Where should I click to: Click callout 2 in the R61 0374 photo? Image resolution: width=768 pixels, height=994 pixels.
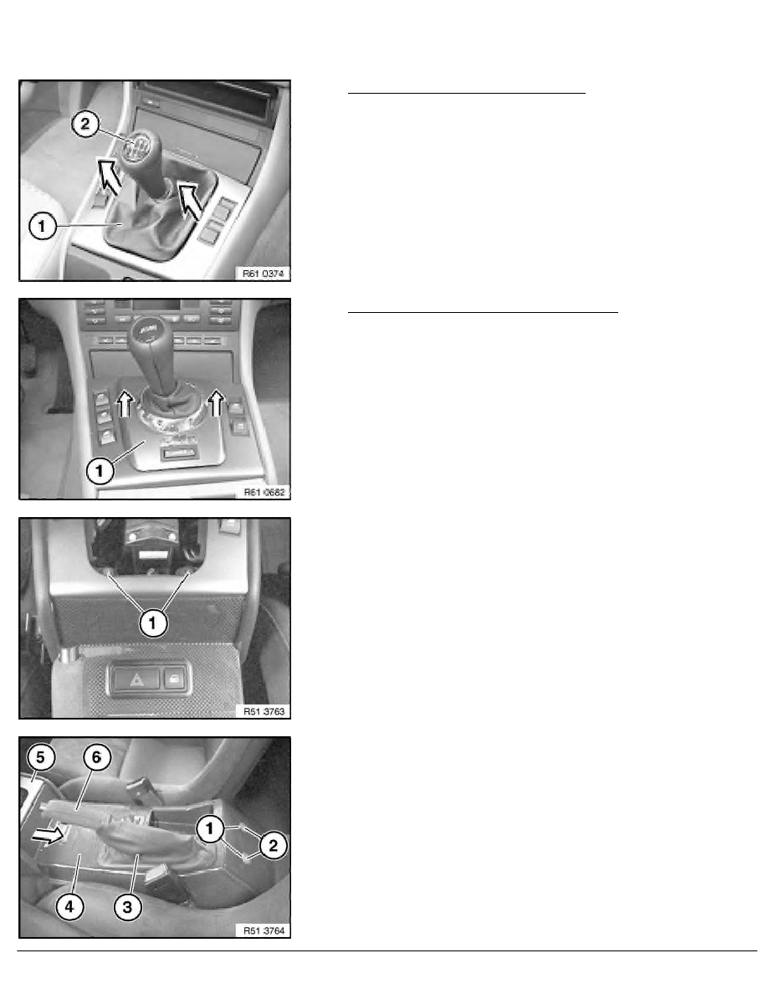[x=84, y=124]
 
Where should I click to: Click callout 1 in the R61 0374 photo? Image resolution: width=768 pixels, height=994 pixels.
[x=42, y=226]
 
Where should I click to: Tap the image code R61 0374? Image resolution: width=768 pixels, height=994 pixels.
[x=264, y=274]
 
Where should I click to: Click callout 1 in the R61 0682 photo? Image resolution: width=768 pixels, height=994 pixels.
[x=100, y=471]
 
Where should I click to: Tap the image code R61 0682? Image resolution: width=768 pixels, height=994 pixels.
[x=264, y=492]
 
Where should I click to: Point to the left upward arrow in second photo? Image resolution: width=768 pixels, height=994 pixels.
[x=125, y=402]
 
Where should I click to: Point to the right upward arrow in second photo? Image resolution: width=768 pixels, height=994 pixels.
[x=217, y=402]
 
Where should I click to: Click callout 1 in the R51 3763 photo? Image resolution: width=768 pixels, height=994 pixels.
[x=152, y=623]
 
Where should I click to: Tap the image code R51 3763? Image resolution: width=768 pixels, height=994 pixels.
[x=264, y=711]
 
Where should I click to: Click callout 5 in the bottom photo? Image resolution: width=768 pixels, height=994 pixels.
[x=40, y=757]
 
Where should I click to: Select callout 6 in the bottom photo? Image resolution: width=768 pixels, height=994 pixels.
[x=96, y=757]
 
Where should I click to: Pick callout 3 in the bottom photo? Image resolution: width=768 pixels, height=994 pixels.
[x=127, y=907]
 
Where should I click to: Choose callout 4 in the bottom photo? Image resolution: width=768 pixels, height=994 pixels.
[x=69, y=907]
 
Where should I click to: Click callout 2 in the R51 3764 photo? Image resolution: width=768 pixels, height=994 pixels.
[x=273, y=845]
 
